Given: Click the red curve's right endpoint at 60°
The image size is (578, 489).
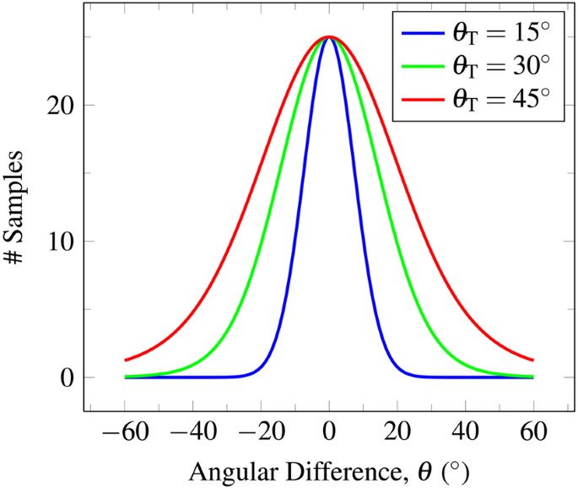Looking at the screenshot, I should point(532,360).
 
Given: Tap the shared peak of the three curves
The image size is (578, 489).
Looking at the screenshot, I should point(329,37).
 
